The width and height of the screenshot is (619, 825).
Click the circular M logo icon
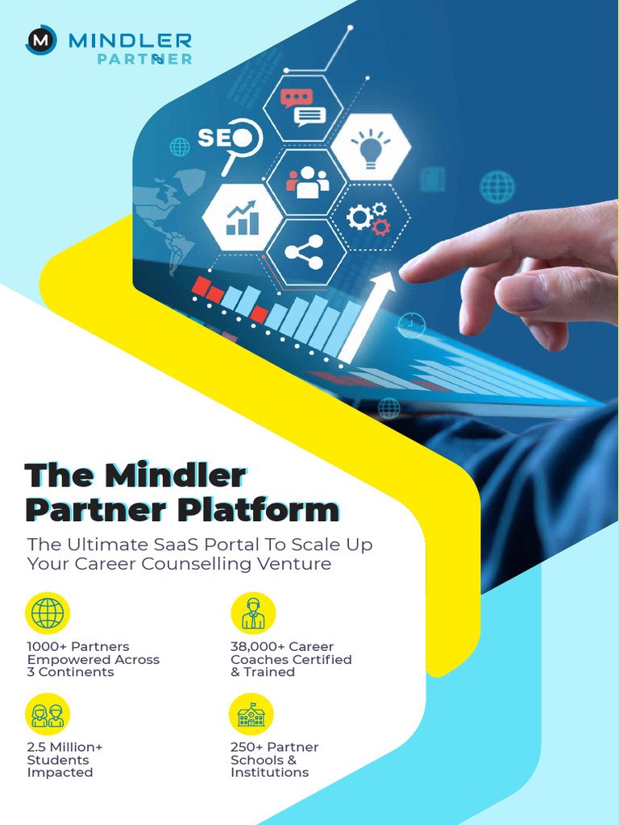point(40,39)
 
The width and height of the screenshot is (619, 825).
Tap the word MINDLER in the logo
point(130,39)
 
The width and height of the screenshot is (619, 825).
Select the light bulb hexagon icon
point(371,147)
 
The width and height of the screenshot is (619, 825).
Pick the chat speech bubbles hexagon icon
point(303,108)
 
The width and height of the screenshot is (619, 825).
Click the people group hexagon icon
point(307,183)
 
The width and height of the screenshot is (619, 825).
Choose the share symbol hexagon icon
point(303,252)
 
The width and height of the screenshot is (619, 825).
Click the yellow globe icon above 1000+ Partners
point(48,613)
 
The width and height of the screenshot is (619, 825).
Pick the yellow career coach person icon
point(253,613)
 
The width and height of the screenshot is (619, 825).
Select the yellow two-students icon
point(48,715)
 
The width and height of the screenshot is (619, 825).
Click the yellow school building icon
point(251,715)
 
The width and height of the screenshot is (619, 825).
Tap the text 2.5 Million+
point(65,747)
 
